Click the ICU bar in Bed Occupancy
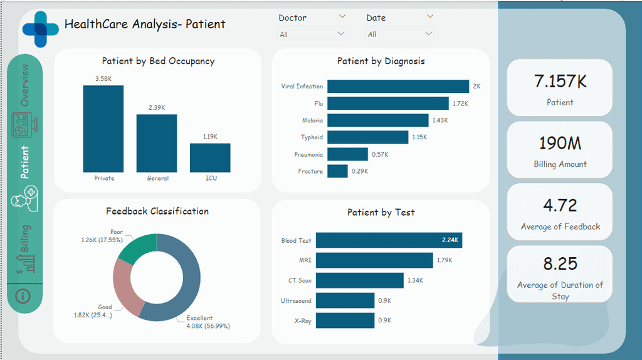[x=210, y=157]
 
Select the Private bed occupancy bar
[x=103, y=129]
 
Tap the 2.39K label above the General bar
[x=157, y=108]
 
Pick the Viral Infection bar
[x=398, y=87]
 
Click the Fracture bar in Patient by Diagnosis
[x=337, y=171]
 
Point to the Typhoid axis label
[x=312, y=137]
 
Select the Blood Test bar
[x=389, y=240]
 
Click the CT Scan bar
[x=359, y=280]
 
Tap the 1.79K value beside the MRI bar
[x=445, y=260]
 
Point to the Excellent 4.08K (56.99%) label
[x=208, y=322]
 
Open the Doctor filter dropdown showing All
[x=312, y=34]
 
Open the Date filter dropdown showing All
[x=399, y=34]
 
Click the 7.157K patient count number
[x=560, y=81]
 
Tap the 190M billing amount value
[x=560, y=144]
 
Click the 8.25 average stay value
[x=560, y=263]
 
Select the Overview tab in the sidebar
[x=24, y=85]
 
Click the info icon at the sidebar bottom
[x=23, y=295]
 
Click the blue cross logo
[x=41, y=29]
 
